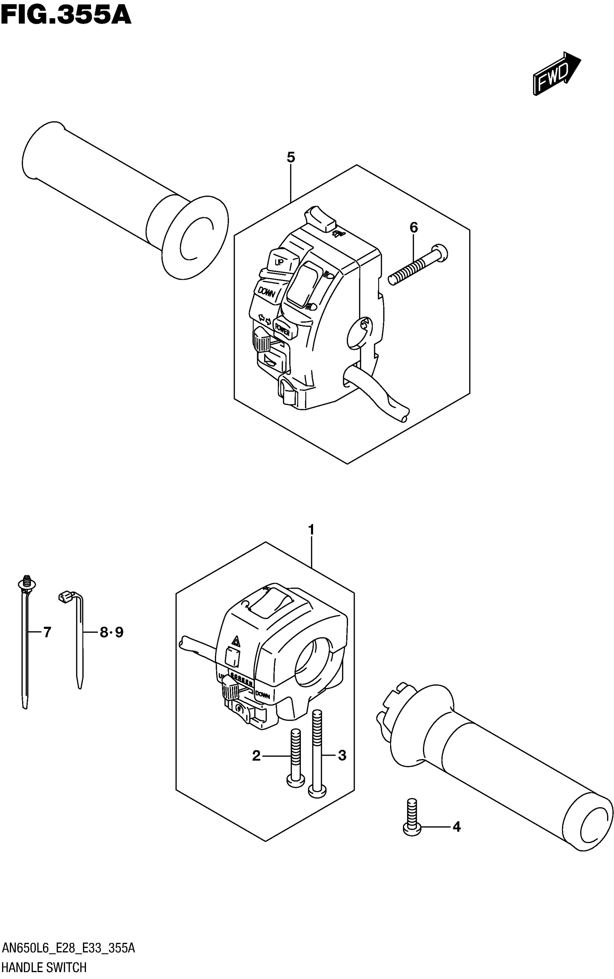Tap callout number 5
pos(291,157)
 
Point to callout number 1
pos(311,530)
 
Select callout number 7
pos(47,632)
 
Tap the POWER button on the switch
pos(283,328)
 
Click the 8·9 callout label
pos(111,632)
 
